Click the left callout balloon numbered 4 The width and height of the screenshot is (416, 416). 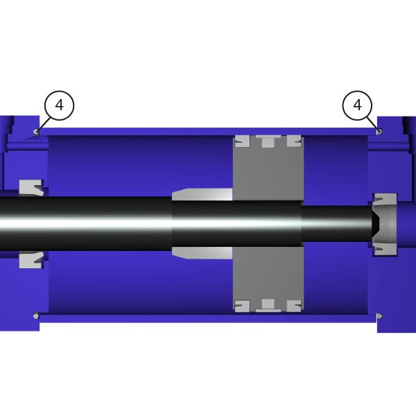(59, 105)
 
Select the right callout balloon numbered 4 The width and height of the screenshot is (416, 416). (357, 105)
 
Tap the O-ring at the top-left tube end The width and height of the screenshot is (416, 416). (36, 132)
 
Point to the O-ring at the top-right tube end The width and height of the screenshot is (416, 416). (380, 131)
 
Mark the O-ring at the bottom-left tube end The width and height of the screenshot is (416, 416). (36, 316)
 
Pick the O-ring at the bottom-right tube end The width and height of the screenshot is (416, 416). (380, 316)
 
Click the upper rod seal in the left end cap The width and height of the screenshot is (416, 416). (31, 188)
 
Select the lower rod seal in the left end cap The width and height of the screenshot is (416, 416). (31, 260)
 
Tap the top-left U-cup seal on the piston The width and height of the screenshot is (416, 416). (242, 141)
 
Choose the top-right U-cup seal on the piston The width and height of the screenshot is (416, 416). (294, 141)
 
